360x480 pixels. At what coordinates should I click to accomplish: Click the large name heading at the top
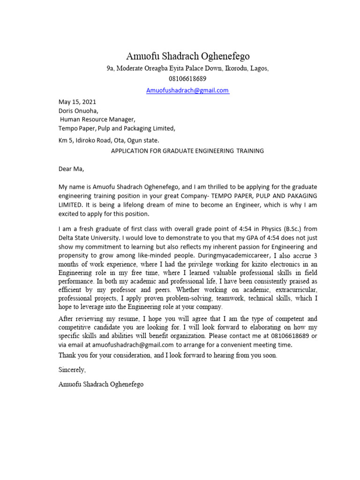pyautogui.click(x=187, y=56)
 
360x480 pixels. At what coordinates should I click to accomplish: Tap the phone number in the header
pyautogui.click(x=187, y=79)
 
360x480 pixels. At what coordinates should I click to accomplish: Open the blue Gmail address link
pyautogui.click(x=187, y=90)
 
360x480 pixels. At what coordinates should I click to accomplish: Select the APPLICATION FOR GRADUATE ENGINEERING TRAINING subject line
pyautogui.click(x=187, y=151)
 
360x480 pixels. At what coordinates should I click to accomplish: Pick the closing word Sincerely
pyautogui.click(x=72, y=370)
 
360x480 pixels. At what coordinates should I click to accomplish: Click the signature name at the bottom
pyautogui.click(x=101, y=384)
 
